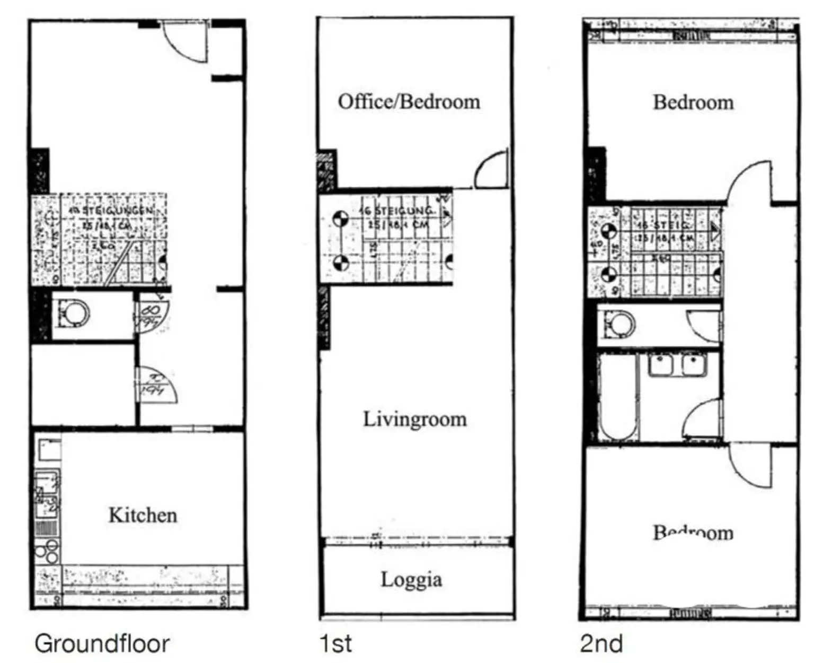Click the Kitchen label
tap(143, 515)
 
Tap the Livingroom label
tap(415, 419)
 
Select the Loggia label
tap(411, 579)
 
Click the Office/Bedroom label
tap(409, 101)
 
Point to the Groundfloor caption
tap(102, 643)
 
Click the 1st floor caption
tap(335, 643)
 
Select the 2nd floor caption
tap(601, 643)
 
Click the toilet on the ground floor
tap(72, 314)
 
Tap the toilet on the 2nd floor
tap(617, 324)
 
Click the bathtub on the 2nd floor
tap(617, 397)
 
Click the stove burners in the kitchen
tap(47, 551)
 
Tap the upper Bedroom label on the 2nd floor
tap(693, 102)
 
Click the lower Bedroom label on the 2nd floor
tap(693, 531)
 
